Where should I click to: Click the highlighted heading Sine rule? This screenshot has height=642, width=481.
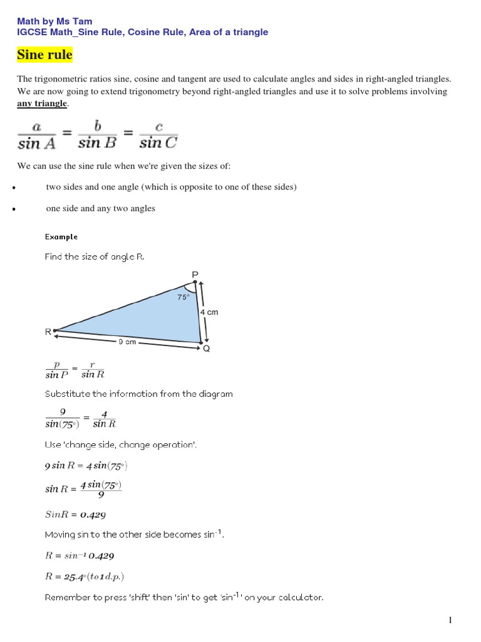point(44,55)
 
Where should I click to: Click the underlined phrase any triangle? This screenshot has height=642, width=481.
point(41,103)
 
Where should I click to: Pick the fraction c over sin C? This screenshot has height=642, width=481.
point(158,135)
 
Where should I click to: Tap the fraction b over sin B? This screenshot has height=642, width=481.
point(98,135)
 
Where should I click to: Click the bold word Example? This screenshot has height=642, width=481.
point(61,236)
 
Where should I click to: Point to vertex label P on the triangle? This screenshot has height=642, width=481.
point(194,273)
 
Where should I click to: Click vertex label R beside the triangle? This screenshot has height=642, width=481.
point(48,332)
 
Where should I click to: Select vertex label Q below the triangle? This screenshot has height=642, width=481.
point(206,349)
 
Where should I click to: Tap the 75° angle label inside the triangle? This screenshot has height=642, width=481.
point(183,298)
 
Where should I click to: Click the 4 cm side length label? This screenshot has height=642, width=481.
point(209,312)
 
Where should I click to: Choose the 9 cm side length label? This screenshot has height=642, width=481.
point(127,342)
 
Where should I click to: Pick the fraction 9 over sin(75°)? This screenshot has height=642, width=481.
point(63,418)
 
